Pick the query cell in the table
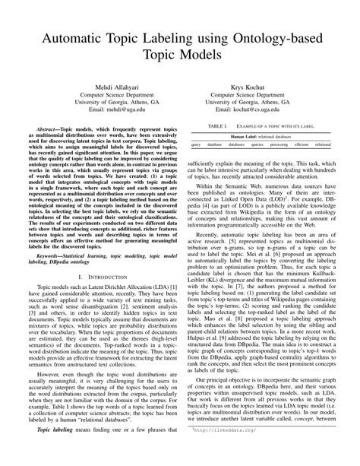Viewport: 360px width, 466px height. tap(196, 144)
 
